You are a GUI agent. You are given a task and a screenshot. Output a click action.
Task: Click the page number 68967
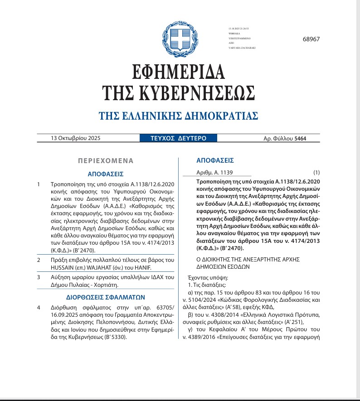coord(311,39)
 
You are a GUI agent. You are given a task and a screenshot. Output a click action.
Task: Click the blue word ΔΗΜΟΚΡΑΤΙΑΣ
coord(220,116)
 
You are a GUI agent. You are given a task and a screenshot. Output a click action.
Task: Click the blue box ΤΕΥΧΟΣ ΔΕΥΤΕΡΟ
coord(179,138)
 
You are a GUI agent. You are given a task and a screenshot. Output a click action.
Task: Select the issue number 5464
coord(300,139)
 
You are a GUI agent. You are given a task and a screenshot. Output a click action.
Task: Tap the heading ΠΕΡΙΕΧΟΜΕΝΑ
coord(106,160)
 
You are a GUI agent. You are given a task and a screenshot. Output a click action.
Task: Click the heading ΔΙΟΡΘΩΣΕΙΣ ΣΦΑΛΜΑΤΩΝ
coord(105,298)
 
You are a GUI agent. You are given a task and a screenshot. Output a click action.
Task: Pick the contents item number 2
coord(39,260)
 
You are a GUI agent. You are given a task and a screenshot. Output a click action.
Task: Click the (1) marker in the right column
coord(316,173)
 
